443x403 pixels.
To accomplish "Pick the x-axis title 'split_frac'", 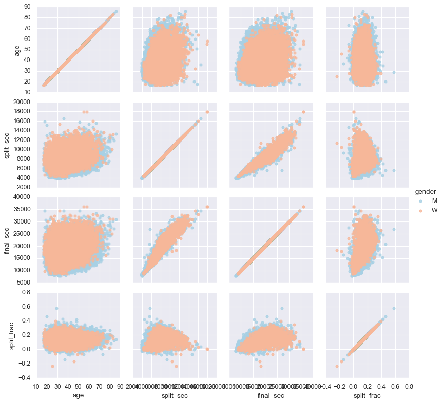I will coord(367,396).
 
